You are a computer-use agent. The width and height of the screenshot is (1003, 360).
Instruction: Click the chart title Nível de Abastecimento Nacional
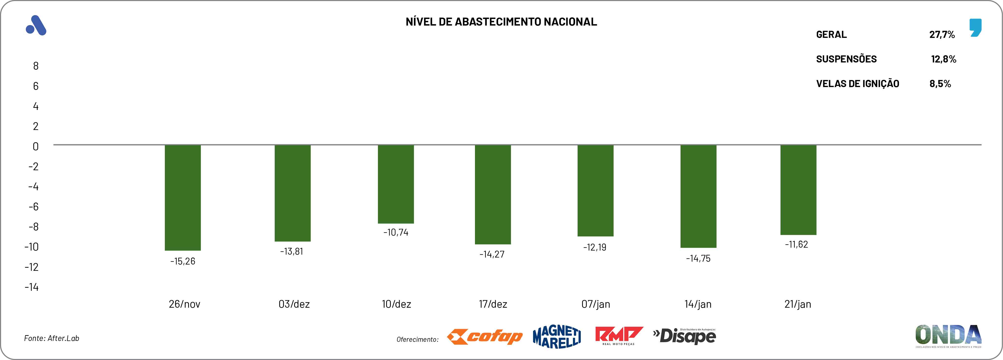[x=501, y=22]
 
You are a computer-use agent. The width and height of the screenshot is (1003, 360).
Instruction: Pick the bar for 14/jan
[x=698, y=196]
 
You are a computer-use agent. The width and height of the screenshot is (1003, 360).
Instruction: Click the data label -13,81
[x=291, y=251]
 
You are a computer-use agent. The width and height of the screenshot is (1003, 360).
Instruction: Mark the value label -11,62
[x=796, y=245]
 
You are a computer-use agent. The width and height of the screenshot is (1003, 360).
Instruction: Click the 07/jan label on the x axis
[x=595, y=304]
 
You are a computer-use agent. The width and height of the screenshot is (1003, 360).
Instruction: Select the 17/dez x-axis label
[x=493, y=304]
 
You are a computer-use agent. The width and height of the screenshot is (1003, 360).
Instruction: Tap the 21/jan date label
[x=797, y=304]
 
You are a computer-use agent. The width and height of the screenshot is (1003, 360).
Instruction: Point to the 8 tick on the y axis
[x=36, y=66]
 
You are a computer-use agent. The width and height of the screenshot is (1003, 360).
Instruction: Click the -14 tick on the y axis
[x=32, y=287]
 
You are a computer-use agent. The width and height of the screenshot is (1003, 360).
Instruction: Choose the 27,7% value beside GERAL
[x=942, y=35]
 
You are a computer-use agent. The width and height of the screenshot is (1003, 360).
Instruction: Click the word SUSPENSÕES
[x=846, y=59]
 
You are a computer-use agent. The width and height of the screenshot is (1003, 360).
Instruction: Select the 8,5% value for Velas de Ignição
[x=940, y=84]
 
